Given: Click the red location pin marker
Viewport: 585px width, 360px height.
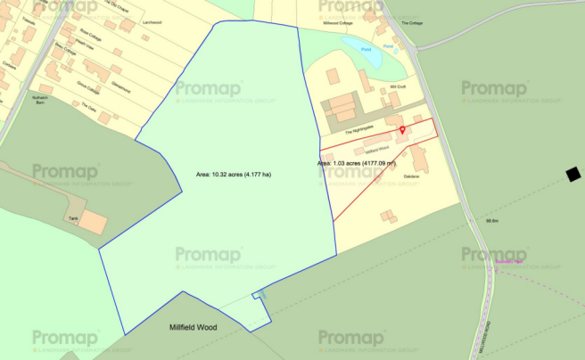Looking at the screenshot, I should coord(401,131).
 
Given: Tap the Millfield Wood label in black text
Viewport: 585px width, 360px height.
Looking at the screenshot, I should coord(192,327).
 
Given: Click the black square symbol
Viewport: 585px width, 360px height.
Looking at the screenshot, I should coord(573,173).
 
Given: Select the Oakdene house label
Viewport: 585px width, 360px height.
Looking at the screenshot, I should coord(411,176).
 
